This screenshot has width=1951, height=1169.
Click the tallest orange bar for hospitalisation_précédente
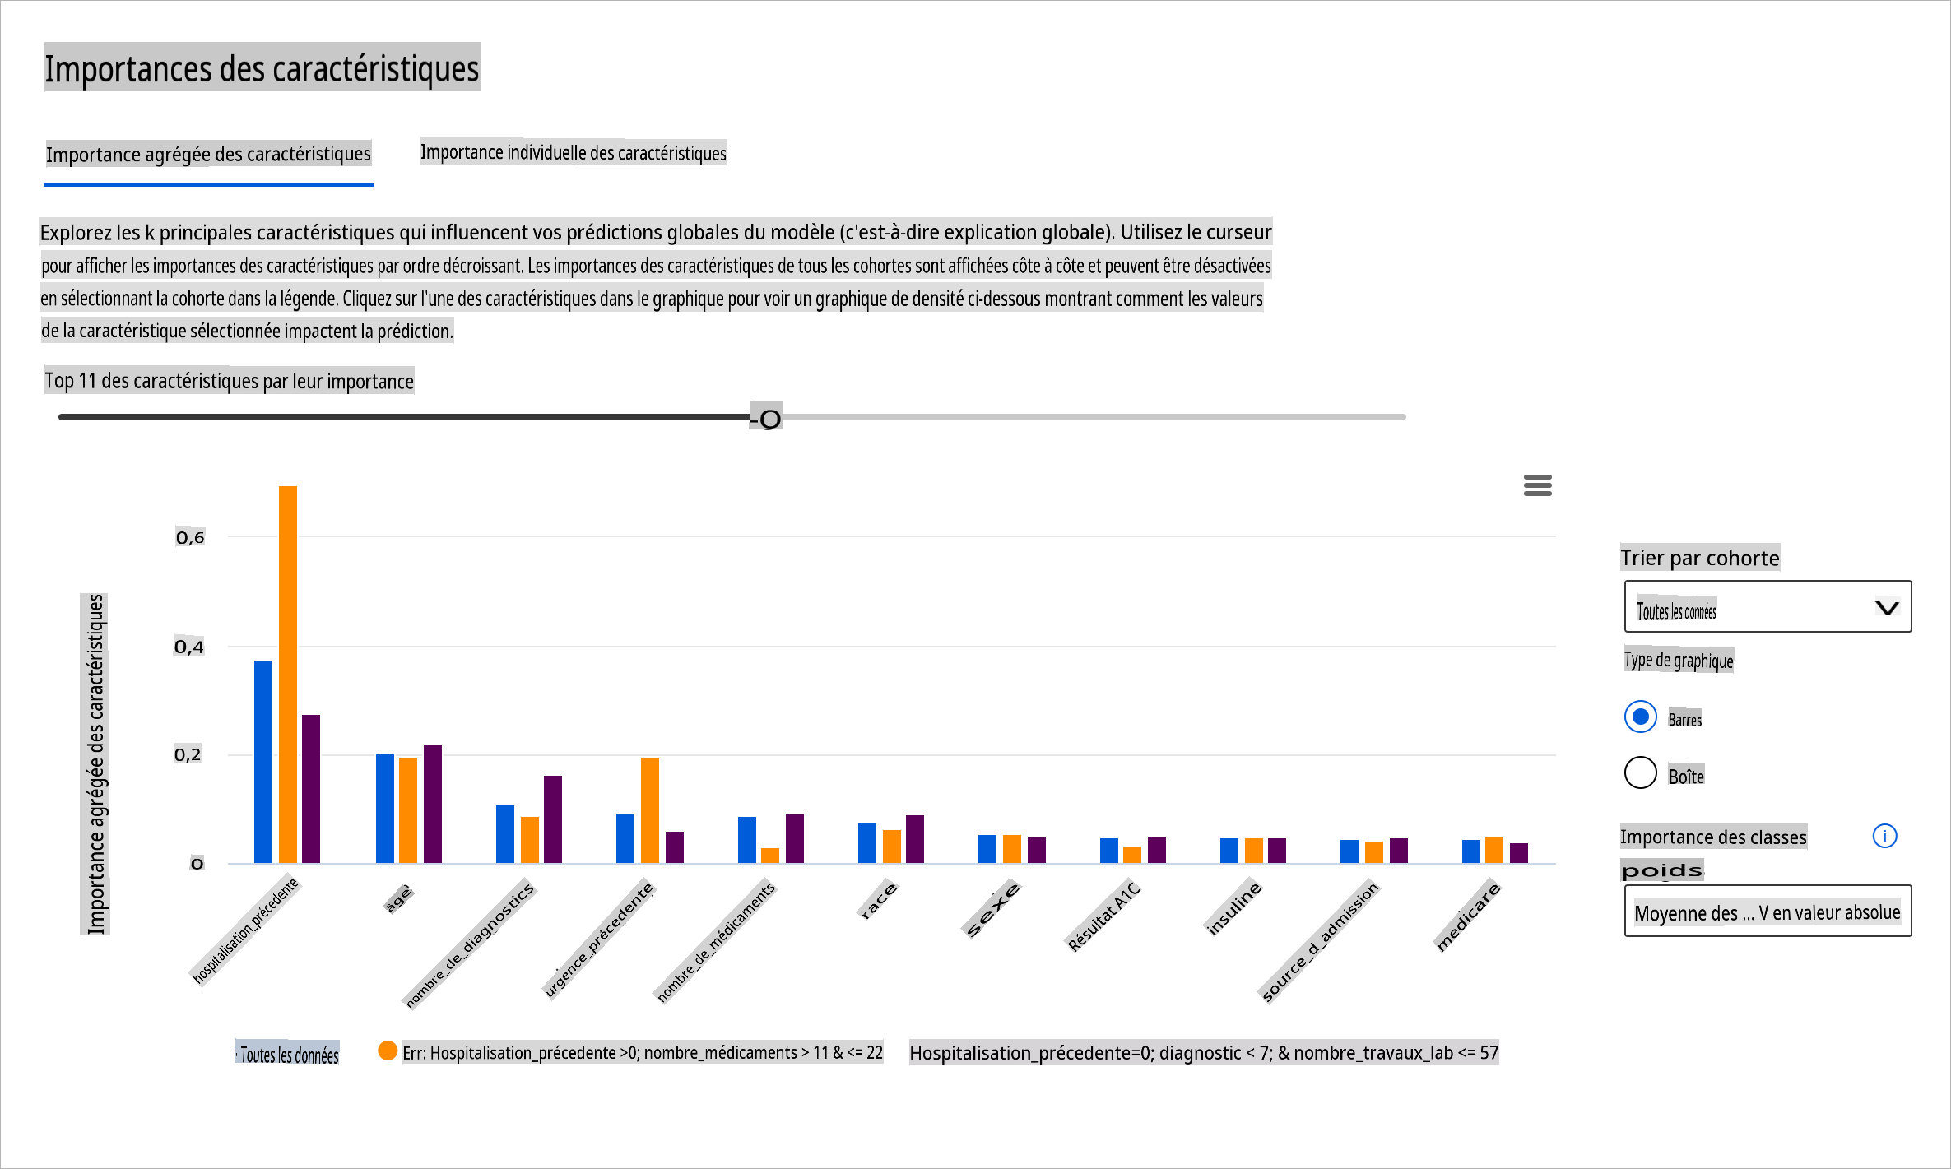click(x=288, y=674)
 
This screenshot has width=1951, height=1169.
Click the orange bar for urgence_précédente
click(x=650, y=809)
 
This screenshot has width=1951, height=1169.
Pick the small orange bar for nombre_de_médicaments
click(x=770, y=855)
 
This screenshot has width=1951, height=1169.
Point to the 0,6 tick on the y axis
click(x=190, y=537)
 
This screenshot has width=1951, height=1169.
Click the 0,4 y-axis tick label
click(x=189, y=647)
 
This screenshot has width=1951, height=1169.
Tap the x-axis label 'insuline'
click(x=1233, y=907)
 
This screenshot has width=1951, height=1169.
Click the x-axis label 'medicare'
click(x=1469, y=916)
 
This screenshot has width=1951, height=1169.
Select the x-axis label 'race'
click(x=878, y=900)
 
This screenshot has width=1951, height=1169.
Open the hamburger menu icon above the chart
click(x=1537, y=485)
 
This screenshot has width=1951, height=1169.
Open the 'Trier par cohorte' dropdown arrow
click(x=1886, y=608)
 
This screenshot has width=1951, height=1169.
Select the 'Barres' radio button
click(x=1640, y=717)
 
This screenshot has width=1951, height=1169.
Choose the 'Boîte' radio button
click(x=1640, y=773)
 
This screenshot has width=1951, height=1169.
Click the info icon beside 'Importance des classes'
click(x=1884, y=837)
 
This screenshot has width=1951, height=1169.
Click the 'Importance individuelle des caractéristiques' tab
click(x=574, y=153)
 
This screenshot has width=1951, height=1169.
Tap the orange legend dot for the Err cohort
click(x=388, y=1051)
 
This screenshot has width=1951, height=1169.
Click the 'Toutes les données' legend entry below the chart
click(x=289, y=1055)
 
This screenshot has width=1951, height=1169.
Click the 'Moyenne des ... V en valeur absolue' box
click(x=1767, y=912)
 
